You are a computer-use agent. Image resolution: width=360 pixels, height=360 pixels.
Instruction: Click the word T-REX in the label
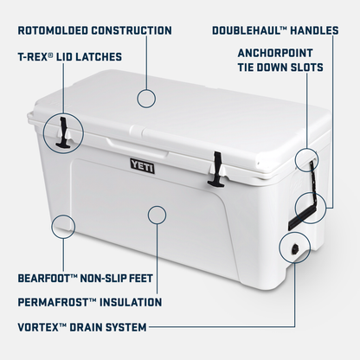(34, 58)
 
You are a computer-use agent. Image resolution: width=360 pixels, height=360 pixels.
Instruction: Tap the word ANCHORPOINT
(290, 52)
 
